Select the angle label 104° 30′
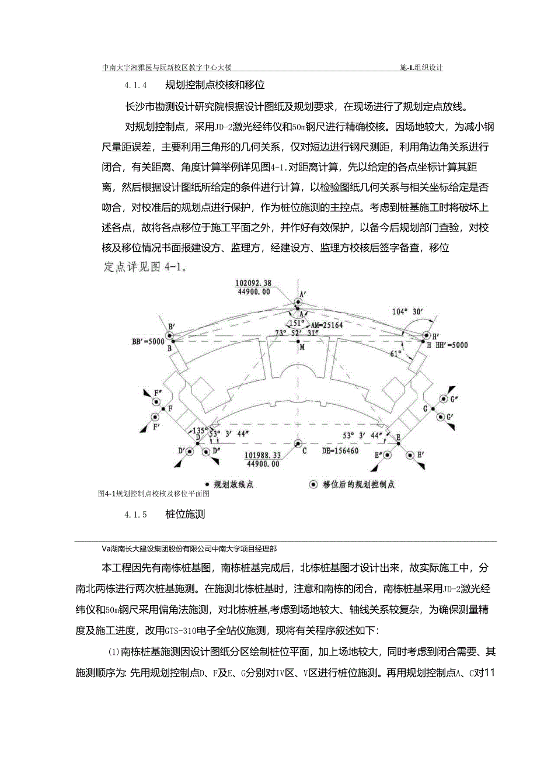point(408,312)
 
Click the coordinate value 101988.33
point(255,455)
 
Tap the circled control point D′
point(191,452)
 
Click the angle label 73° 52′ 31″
point(298,333)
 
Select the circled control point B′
point(169,336)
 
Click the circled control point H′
point(425,336)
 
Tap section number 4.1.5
point(135,515)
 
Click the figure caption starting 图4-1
point(154,494)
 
